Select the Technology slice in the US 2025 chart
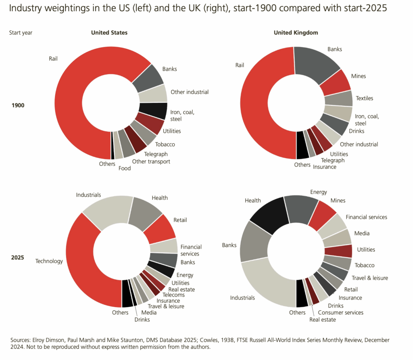pos(81,262)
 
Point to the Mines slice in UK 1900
pos(337,83)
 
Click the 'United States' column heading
pos(109,33)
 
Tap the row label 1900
pos(18,105)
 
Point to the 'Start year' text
pos(21,33)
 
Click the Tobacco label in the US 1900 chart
pos(165,144)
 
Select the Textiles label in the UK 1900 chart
pos(364,98)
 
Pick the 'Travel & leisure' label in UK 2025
pos(369,278)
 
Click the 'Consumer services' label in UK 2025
pos(340,312)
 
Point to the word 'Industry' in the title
pos(25,8)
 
